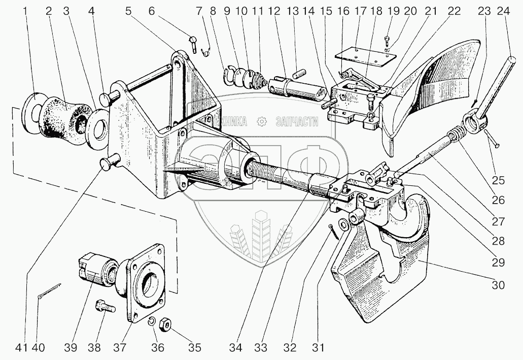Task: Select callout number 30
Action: click(x=498, y=285)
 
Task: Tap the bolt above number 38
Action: click(x=104, y=307)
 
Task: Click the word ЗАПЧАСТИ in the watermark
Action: click(x=296, y=121)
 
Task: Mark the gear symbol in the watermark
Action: click(x=262, y=121)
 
